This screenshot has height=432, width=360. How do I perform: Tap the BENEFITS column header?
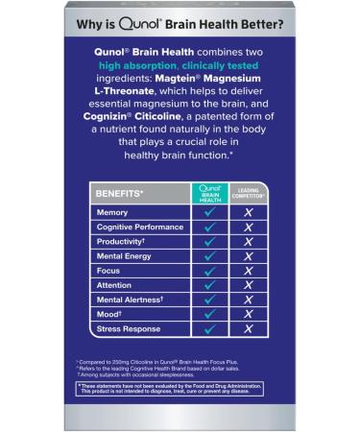coord(121,193)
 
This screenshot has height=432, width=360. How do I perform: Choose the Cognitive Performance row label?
coord(140,227)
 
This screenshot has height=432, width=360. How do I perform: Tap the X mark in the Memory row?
coord(248,212)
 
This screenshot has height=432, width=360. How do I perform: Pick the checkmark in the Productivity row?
coord(208,242)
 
